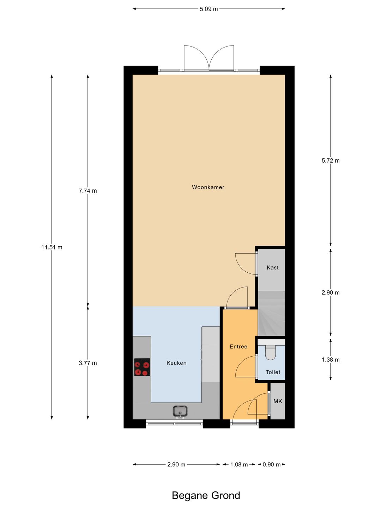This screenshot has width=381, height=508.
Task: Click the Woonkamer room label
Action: pyautogui.click(x=208, y=187)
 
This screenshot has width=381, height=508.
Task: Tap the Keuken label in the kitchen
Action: pyautogui.click(x=176, y=363)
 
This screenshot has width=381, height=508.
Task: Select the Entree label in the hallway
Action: pyautogui.click(x=238, y=347)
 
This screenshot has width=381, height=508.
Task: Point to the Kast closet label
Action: pyautogui.click(x=272, y=268)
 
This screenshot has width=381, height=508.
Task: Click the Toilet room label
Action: pyautogui.click(x=273, y=372)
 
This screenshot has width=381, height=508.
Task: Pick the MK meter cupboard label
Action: pyautogui.click(x=278, y=401)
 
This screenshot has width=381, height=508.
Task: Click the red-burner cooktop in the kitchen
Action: pyautogui.click(x=142, y=367)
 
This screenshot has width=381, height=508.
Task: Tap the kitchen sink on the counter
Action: pyautogui.click(x=180, y=411)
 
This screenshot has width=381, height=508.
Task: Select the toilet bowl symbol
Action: pyautogui.click(x=271, y=353)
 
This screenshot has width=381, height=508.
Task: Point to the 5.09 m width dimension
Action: pyautogui.click(x=208, y=9)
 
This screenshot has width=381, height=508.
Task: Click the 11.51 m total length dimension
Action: pyautogui.click(x=52, y=247)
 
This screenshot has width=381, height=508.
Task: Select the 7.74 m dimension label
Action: pyautogui.click(x=87, y=191)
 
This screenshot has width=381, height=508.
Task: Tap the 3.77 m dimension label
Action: pyautogui.click(x=87, y=363)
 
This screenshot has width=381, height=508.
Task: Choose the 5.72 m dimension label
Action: pyautogui.click(x=331, y=161)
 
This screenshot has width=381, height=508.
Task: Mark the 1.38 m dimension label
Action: pyautogui.click(x=331, y=360)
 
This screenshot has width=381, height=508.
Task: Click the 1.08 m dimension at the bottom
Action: pyautogui.click(x=239, y=465)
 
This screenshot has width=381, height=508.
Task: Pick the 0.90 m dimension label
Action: pyautogui.click(x=271, y=465)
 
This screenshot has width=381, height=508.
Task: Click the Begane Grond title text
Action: pyautogui.click(x=206, y=496)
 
